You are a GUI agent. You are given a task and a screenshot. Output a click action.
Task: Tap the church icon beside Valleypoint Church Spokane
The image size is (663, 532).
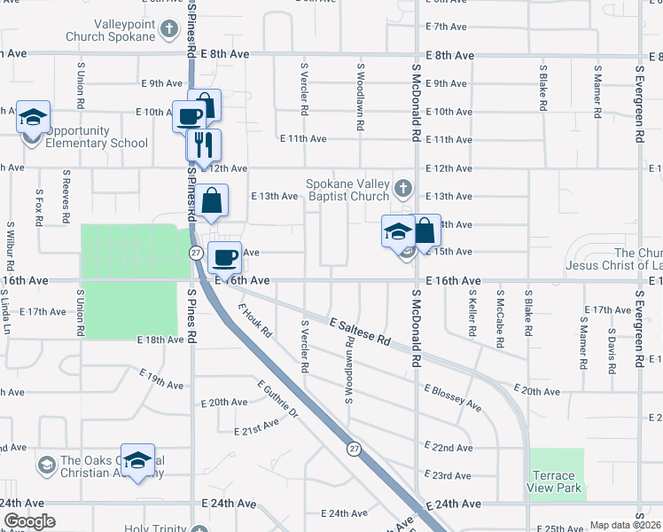[x=168, y=30]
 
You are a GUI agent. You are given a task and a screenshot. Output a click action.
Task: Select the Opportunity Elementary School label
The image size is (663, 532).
[x=97, y=137]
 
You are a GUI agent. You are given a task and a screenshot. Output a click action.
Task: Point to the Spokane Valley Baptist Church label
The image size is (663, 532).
[x=347, y=190]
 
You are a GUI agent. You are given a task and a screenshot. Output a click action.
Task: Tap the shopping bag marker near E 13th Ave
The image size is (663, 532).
[x=214, y=201]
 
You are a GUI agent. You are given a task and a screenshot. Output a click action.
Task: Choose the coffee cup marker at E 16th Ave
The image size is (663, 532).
[x=224, y=257]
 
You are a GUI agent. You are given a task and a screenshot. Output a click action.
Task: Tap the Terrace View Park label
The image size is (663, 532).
[x=555, y=481]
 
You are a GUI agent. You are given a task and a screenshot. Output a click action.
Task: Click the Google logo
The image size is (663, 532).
[x=29, y=522]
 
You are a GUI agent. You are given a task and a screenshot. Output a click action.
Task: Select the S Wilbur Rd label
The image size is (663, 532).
[x=9, y=246]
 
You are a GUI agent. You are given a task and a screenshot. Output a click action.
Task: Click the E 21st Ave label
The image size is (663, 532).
[x=256, y=431]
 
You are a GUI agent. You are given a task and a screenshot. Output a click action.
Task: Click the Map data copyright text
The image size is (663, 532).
[x=625, y=525]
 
